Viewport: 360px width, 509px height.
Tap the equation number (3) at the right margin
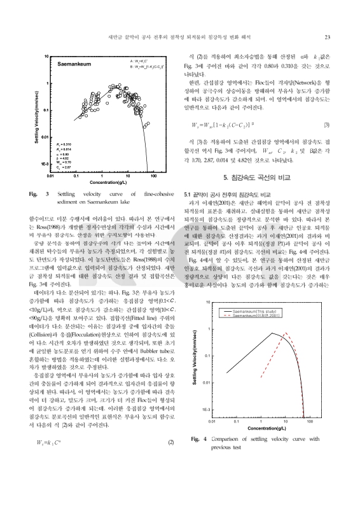[x=326, y=124]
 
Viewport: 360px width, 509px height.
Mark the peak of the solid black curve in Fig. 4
[x=272, y=333]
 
